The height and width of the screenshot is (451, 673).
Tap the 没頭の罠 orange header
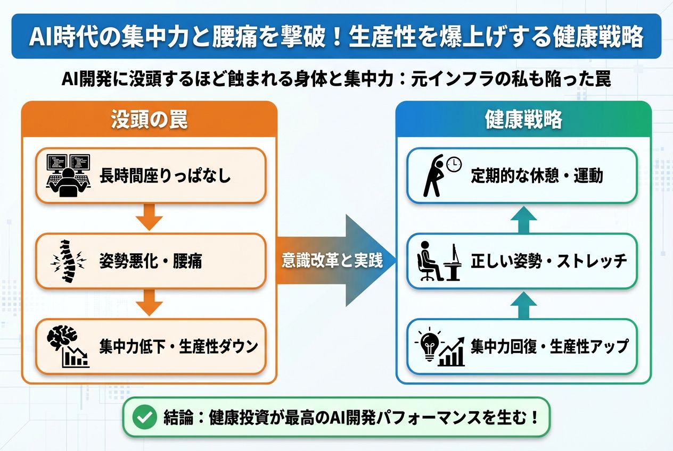click(149, 120)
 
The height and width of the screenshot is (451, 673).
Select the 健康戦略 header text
click(523, 120)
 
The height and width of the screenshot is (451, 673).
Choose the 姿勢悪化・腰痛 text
click(151, 261)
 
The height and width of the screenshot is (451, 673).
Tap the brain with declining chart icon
click(68, 346)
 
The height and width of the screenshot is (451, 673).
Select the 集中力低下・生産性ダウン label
click(178, 347)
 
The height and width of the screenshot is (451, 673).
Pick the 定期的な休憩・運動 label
click(537, 176)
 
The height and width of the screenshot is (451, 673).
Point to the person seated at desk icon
click(438, 261)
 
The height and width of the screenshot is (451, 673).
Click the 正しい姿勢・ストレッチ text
click(549, 261)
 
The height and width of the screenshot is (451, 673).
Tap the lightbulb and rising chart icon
click(440, 346)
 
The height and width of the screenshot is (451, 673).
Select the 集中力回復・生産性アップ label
click(549, 347)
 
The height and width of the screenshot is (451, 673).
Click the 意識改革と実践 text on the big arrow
click(332, 261)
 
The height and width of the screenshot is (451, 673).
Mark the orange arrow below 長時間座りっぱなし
click(149, 218)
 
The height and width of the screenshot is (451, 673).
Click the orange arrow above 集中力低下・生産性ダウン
click(149, 303)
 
